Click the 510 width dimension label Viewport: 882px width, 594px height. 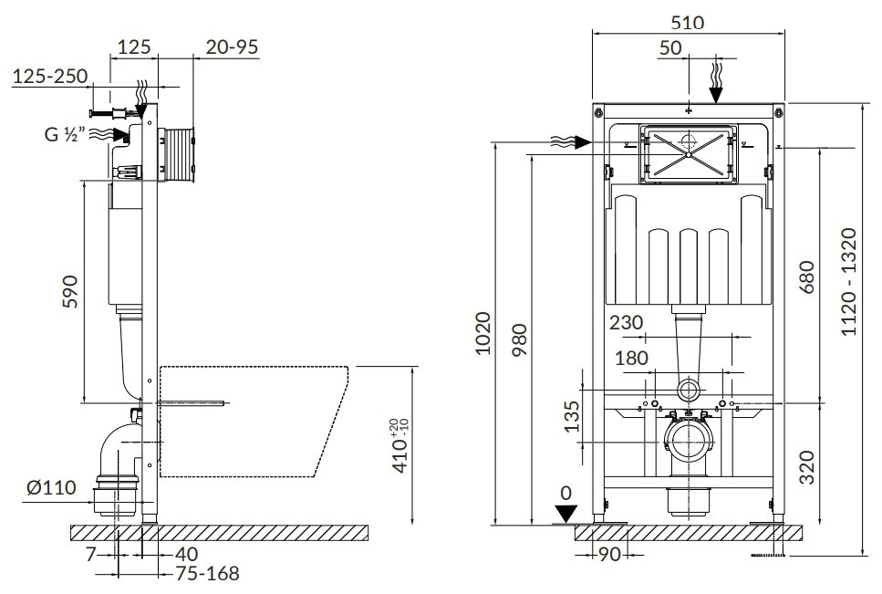coord(687,24)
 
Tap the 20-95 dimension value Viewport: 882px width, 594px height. coord(231,47)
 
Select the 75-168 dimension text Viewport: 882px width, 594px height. coord(208,573)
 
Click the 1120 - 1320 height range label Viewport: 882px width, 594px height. coord(848,282)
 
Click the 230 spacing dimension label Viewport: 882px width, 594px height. coord(627,322)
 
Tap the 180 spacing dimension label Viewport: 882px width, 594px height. coord(633,358)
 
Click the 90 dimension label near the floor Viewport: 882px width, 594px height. coord(608,553)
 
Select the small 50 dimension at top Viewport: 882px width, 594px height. coord(670,48)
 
